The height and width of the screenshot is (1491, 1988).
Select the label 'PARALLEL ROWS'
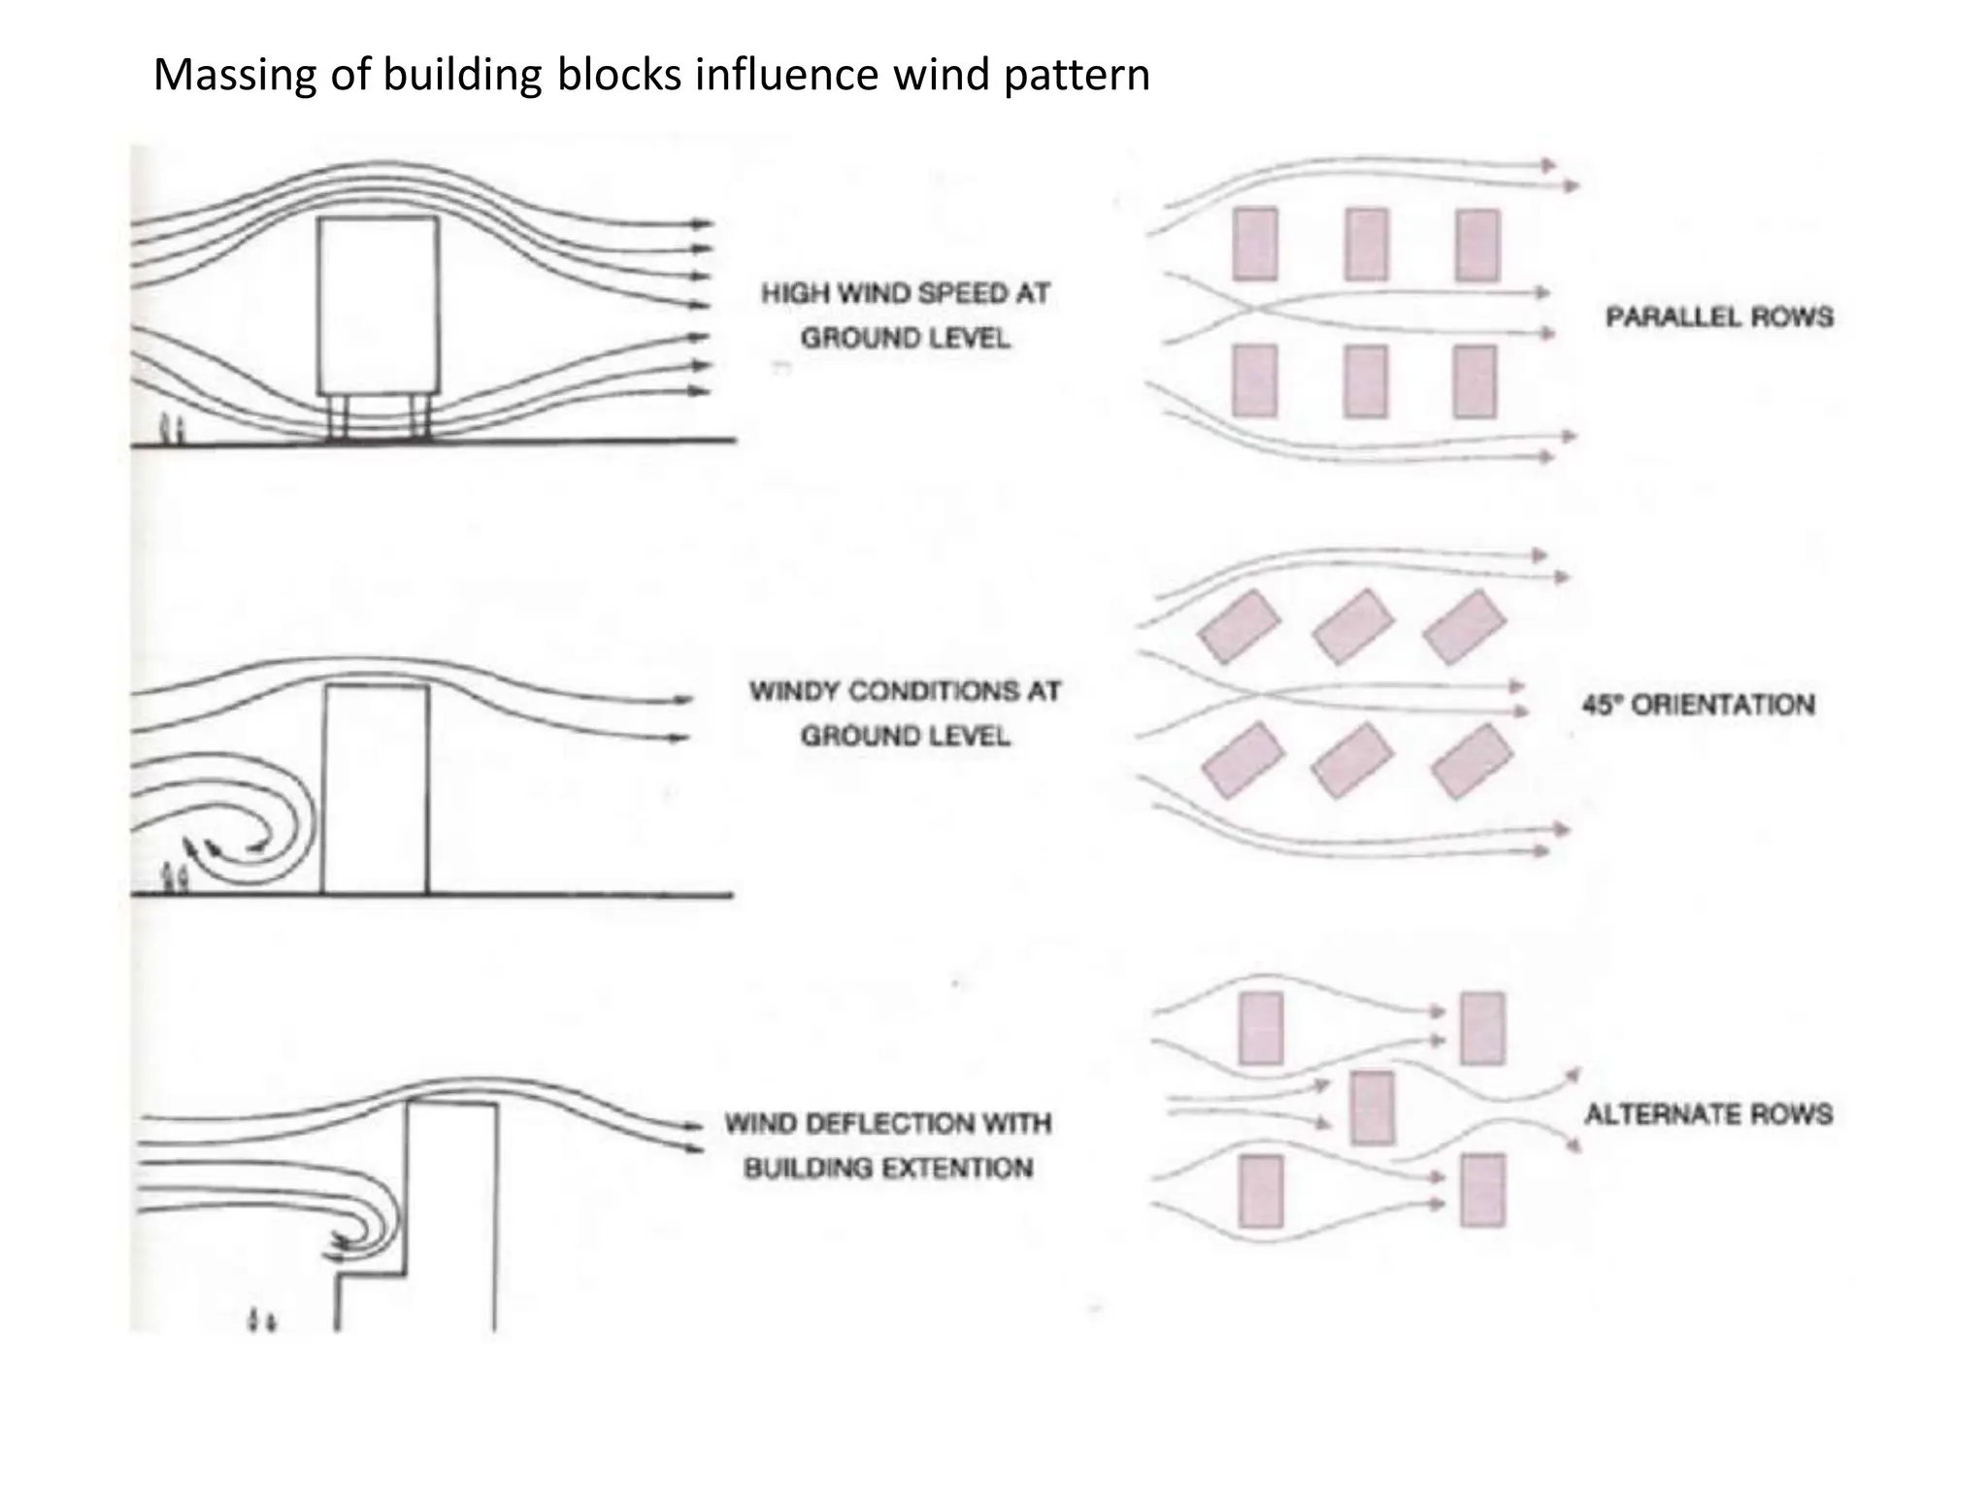[1719, 317]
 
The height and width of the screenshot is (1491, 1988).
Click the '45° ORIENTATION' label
[1698, 705]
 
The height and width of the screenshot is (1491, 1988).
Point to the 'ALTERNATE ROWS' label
[1708, 1113]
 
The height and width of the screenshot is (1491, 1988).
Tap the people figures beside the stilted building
[171, 427]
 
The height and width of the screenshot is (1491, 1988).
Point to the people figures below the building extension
[261, 1320]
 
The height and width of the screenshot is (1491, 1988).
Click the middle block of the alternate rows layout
[1372, 1108]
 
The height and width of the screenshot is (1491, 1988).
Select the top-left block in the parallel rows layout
[1254, 245]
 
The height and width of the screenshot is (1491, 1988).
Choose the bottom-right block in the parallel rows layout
[1474, 381]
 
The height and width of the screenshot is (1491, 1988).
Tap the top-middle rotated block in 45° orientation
[1352, 626]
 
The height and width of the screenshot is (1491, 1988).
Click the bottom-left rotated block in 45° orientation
[1242, 760]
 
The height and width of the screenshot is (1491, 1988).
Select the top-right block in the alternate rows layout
[1482, 1028]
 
